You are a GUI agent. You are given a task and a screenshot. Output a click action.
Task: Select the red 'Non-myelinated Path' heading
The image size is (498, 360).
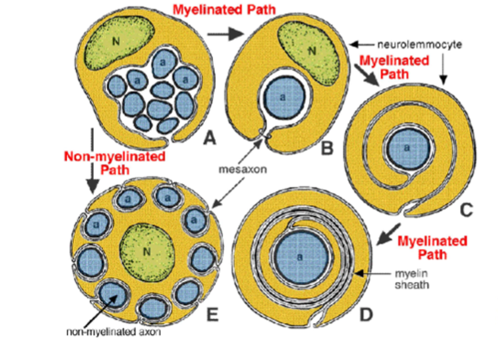115,162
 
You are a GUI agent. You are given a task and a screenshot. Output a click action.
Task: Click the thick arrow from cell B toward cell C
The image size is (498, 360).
366,75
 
